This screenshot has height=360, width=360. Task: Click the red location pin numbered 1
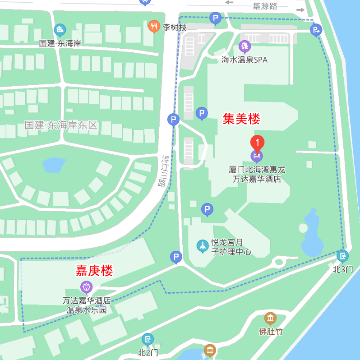coord(257,143)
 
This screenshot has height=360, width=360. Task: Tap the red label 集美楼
coord(241,119)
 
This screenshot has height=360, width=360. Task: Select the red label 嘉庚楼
coord(94,271)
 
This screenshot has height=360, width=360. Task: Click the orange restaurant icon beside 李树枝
coord(154,27)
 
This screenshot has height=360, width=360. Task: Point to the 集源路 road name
coord(265,6)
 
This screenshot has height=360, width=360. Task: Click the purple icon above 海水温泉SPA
coord(245,46)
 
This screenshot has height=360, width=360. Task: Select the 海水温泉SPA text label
coord(245,60)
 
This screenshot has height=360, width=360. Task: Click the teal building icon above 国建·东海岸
coord(60,30)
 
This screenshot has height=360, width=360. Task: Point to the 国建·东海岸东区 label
coord(61,125)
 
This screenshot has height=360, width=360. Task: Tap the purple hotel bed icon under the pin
coord(257,157)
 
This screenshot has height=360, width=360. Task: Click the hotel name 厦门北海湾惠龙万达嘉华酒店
coord(257,175)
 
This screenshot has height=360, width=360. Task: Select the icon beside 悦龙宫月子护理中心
coord(203,246)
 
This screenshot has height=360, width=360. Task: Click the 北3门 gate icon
coord(342,257)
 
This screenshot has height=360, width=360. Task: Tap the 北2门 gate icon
coord(148,339)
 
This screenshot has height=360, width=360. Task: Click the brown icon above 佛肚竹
coord(270,318)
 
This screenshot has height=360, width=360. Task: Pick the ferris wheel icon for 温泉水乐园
coord(86,286)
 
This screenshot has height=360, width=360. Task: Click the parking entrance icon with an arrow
coord(316,30)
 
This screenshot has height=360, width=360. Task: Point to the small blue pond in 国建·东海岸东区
coord(53,165)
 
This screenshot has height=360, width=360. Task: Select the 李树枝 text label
coord(175,28)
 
